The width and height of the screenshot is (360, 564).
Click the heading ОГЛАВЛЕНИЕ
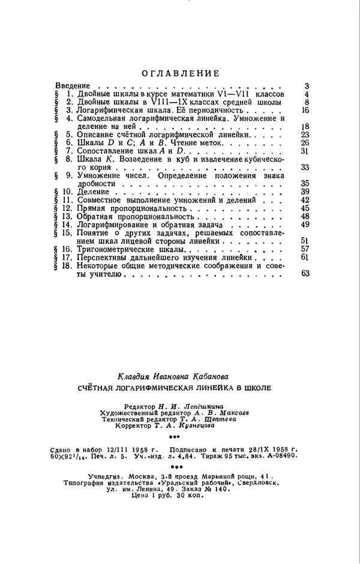[180, 74]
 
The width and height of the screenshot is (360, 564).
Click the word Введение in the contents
[73, 86]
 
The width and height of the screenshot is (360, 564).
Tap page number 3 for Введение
[306, 86]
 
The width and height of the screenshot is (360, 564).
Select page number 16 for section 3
[304, 110]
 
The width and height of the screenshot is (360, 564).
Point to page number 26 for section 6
[304, 143]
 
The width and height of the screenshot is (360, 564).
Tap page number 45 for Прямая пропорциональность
[304, 208]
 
